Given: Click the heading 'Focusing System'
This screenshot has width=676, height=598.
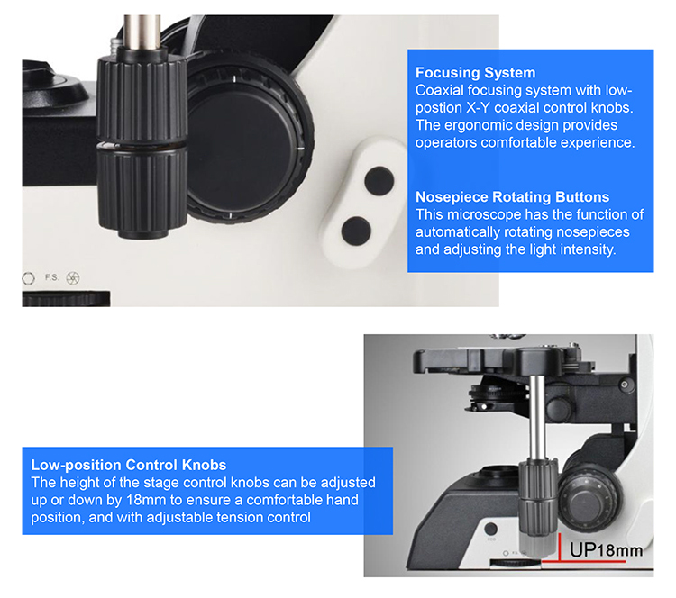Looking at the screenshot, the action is tap(475, 72).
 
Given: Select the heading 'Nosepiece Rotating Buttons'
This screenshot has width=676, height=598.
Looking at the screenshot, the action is tap(512, 197).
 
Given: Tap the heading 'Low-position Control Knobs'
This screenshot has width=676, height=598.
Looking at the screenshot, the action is tap(129, 465).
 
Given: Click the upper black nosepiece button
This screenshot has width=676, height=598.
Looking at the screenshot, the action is tap(379, 180).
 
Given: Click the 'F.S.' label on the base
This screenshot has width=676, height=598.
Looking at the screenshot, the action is tap(51, 277).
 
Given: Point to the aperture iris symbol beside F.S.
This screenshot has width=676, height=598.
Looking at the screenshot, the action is tap(73, 278).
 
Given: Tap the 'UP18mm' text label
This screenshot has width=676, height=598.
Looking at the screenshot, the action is tap(606, 550).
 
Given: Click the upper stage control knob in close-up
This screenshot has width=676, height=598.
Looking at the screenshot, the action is tap(142, 98).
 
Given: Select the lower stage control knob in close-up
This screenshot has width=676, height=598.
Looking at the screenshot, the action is tap(142, 189).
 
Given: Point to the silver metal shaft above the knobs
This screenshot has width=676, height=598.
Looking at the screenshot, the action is tap(142, 32).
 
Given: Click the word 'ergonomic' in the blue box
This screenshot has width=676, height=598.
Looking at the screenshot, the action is tap(501, 125).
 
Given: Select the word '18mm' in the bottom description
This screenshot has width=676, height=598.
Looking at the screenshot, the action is tap(145, 500).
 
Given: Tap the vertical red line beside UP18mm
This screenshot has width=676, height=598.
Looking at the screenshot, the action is tap(559, 548).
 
